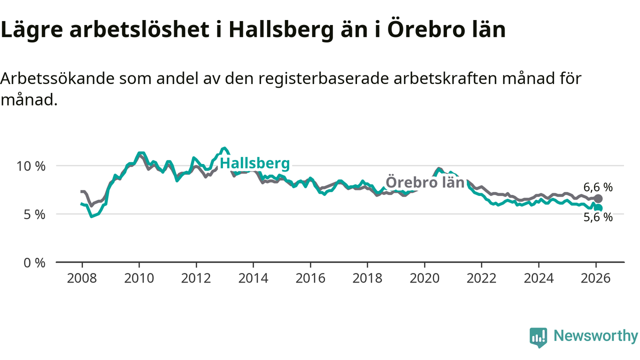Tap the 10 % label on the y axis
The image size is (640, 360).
point(32,165)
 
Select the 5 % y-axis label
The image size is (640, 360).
point(35,214)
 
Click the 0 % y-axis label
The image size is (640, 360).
point(35,262)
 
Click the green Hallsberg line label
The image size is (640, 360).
point(254,163)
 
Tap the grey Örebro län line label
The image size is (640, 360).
point(425,182)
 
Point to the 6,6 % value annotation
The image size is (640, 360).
point(598,187)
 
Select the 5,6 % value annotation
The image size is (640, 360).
point(598,217)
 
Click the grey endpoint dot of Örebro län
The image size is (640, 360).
point(598,198)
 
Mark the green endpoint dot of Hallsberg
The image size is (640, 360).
point(598,208)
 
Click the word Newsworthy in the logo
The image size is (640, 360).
point(595,336)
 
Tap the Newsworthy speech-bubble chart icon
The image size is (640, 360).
point(538,337)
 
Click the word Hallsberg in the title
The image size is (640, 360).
point(281,30)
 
